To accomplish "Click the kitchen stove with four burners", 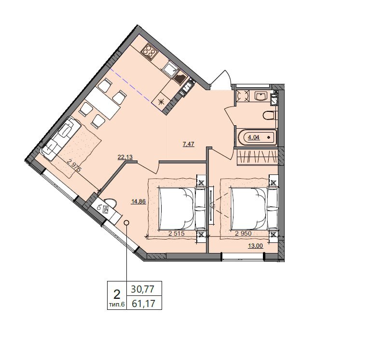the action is (150, 51).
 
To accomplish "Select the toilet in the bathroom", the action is (269, 116).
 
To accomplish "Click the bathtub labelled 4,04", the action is (257, 137).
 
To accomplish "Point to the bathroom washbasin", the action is (261, 96).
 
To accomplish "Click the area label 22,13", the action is (125, 157).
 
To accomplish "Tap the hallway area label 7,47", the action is (189, 144).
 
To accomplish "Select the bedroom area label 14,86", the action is (138, 201).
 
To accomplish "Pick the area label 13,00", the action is (255, 246).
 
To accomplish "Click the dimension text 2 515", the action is (176, 234).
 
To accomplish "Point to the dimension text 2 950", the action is (244, 234).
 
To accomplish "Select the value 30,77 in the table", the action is (142, 289).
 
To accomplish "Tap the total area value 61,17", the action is (143, 303).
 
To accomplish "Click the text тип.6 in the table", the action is (117, 305).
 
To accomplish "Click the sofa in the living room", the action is (61, 139).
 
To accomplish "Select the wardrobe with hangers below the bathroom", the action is (257, 156).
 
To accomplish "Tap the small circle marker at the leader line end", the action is (127, 222).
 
